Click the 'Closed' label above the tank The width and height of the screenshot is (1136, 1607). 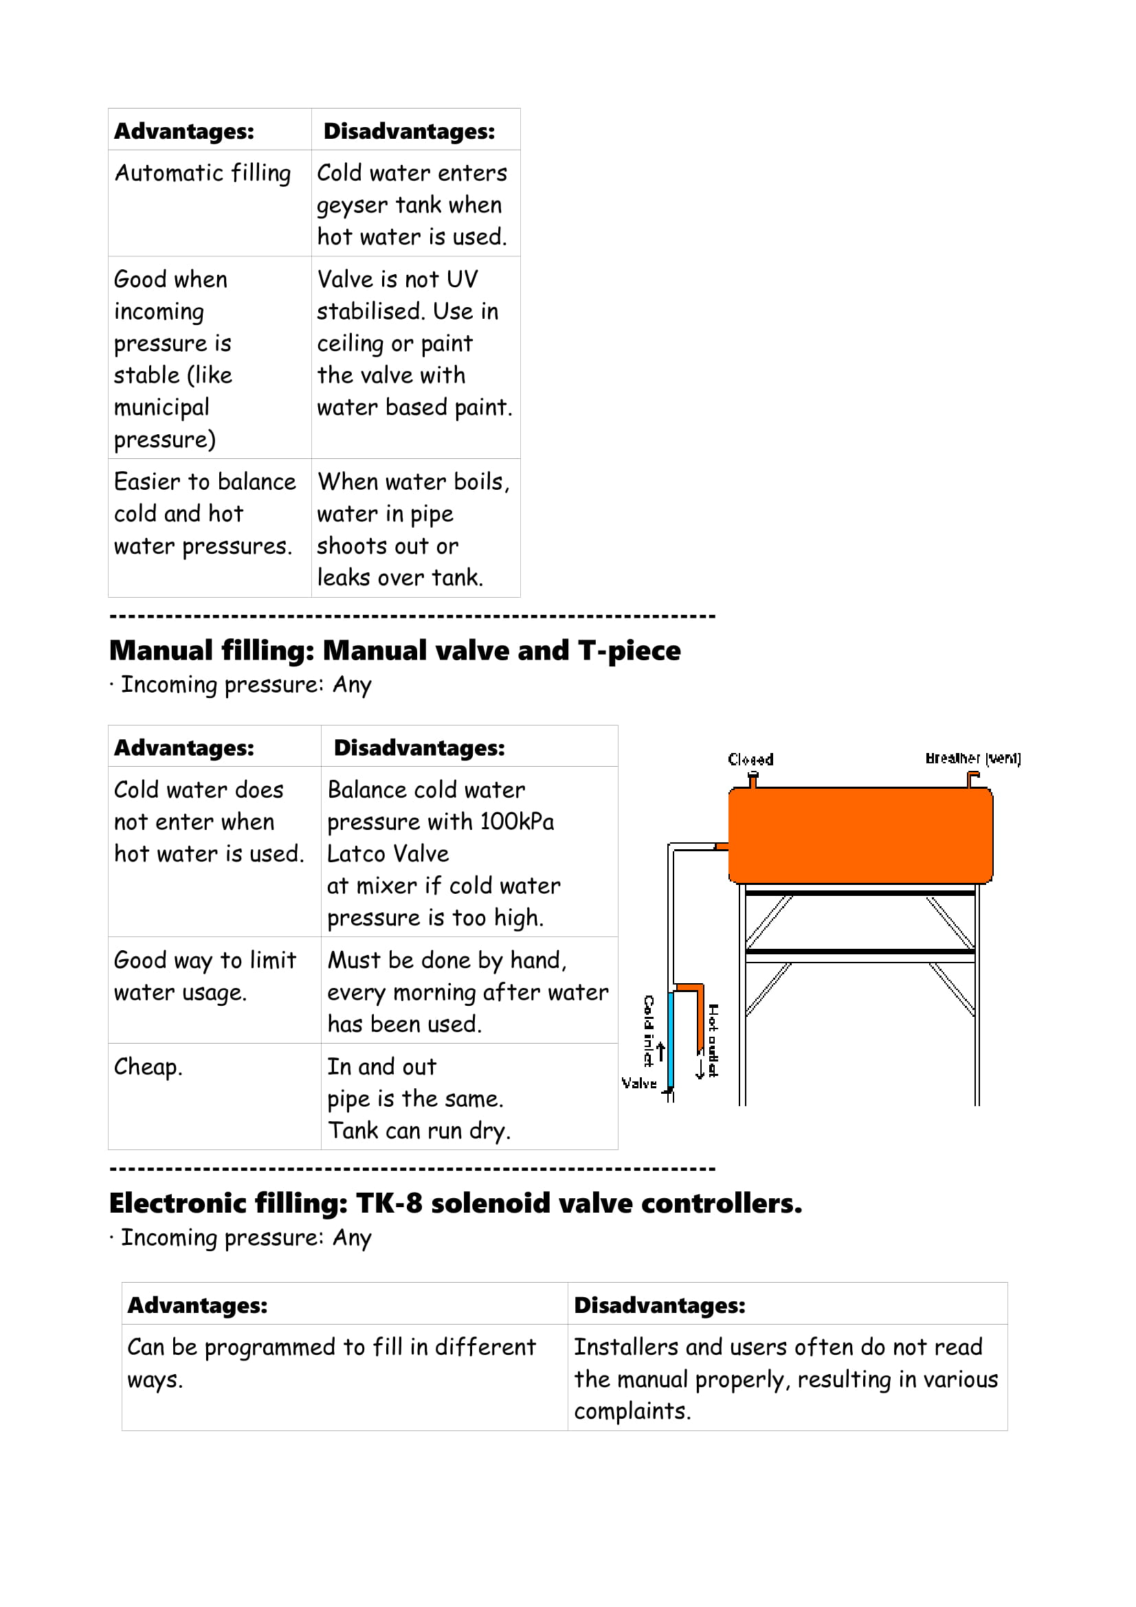coord(750,759)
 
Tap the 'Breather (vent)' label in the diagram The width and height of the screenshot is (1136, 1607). coord(972,758)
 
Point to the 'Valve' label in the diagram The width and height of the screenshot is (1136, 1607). coord(639,1083)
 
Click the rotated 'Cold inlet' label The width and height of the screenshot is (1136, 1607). coord(649,1031)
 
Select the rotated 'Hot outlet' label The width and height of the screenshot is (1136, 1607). coord(713,1040)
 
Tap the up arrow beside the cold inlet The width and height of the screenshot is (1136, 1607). coord(660,1051)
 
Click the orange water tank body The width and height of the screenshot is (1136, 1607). coord(860,835)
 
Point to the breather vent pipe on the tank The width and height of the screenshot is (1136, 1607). coord(972,778)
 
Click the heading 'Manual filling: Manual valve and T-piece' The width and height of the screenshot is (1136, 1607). coord(394,650)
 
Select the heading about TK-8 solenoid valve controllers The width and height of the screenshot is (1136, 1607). coord(456,1203)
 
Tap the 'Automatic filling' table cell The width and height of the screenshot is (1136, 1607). coord(202,173)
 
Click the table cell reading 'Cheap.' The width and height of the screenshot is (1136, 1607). coord(148,1067)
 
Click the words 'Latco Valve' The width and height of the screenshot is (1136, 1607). coord(388,854)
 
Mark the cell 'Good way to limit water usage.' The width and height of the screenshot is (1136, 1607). coord(205,976)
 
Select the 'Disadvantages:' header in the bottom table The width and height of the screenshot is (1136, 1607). coord(659,1305)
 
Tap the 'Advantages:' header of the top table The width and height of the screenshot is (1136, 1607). coord(184,131)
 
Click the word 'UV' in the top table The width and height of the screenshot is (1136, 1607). coord(462,279)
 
